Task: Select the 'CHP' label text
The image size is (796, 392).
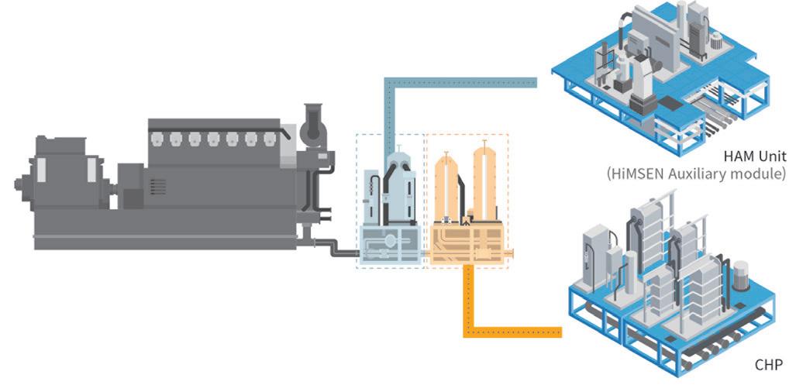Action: pyautogui.click(x=768, y=364)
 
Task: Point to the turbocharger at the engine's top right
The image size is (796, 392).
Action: pyautogui.click(x=314, y=124)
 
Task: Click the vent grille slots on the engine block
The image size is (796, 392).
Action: pyautogui.click(x=158, y=186)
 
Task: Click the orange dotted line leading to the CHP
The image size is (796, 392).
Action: pyautogui.click(x=512, y=332)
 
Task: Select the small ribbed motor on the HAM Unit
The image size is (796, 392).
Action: pyautogui.click(x=716, y=41)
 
